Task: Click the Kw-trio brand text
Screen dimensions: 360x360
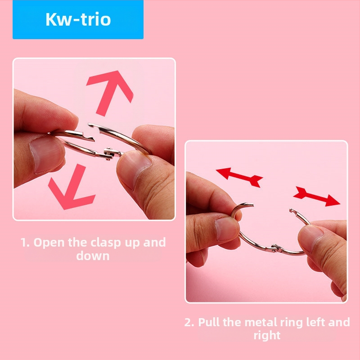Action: (x=78, y=20)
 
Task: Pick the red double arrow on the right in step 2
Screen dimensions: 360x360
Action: (x=317, y=197)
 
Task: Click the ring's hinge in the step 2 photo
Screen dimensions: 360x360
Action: (x=275, y=248)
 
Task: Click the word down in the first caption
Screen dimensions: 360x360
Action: (x=93, y=256)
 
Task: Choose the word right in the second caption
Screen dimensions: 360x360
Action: (x=267, y=335)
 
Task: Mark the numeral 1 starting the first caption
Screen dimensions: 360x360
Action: (x=24, y=243)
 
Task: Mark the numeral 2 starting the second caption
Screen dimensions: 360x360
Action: (x=189, y=322)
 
